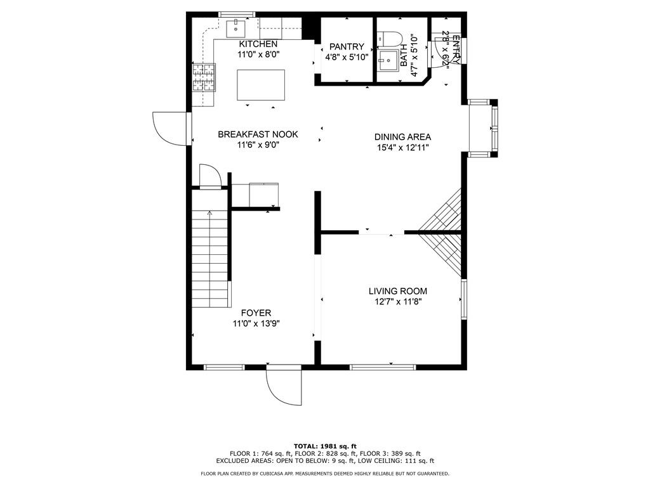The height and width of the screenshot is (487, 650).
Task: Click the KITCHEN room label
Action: coord(258,44)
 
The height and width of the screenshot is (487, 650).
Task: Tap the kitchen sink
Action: coord(236,28)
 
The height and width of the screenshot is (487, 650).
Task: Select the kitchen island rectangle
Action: coord(261,85)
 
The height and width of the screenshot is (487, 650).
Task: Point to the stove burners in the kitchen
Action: coord(204,77)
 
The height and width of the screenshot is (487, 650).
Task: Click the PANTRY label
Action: coord(347,47)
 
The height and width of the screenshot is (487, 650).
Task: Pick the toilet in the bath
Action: coord(390,39)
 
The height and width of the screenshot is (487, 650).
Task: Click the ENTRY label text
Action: coord(456,49)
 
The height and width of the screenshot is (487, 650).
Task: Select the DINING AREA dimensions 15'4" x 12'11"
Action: coord(402,148)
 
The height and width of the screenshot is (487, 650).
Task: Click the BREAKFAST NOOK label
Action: coord(258,134)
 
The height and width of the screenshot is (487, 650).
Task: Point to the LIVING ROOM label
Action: coord(398,291)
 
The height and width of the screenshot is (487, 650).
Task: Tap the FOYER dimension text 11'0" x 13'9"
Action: coord(256,323)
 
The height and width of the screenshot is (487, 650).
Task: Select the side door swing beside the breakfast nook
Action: coord(170,128)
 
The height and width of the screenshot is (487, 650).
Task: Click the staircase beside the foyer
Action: coord(211,259)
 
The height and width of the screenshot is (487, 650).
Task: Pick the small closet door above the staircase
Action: coord(211,176)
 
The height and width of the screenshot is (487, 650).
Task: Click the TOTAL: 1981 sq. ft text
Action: coord(325,446)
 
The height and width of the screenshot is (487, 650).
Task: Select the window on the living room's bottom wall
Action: coord(383,367)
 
